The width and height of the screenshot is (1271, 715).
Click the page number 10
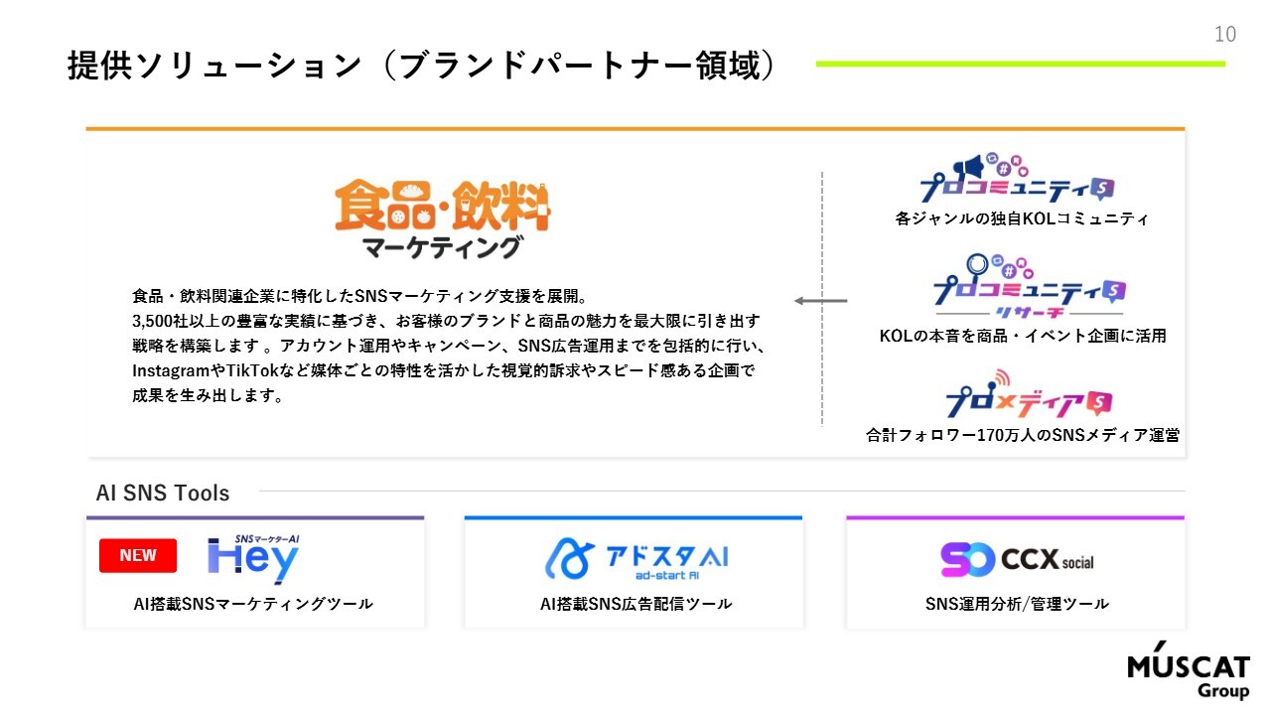1225,35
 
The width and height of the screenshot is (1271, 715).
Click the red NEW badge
138,555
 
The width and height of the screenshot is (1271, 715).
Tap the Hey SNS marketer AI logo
253,558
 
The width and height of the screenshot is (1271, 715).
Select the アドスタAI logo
636,559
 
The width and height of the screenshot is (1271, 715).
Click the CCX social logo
1017,559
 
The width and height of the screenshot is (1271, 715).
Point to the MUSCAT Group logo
1189,670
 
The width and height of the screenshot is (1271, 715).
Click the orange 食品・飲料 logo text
443,206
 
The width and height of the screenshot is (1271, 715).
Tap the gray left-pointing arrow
820,301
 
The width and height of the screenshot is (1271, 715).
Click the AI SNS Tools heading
163,493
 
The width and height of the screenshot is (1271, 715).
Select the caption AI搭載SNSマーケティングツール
253,603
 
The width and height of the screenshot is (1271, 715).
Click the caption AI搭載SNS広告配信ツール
635,603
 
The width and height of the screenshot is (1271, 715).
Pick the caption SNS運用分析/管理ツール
1017,603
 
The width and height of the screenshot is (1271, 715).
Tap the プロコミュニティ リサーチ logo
1030,287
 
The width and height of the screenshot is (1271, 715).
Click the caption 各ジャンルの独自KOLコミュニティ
1022,218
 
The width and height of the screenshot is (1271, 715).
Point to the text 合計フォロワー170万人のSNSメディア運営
1023,435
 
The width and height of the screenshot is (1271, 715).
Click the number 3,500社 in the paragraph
160,321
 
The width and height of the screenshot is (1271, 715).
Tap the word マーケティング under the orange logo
442,247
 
